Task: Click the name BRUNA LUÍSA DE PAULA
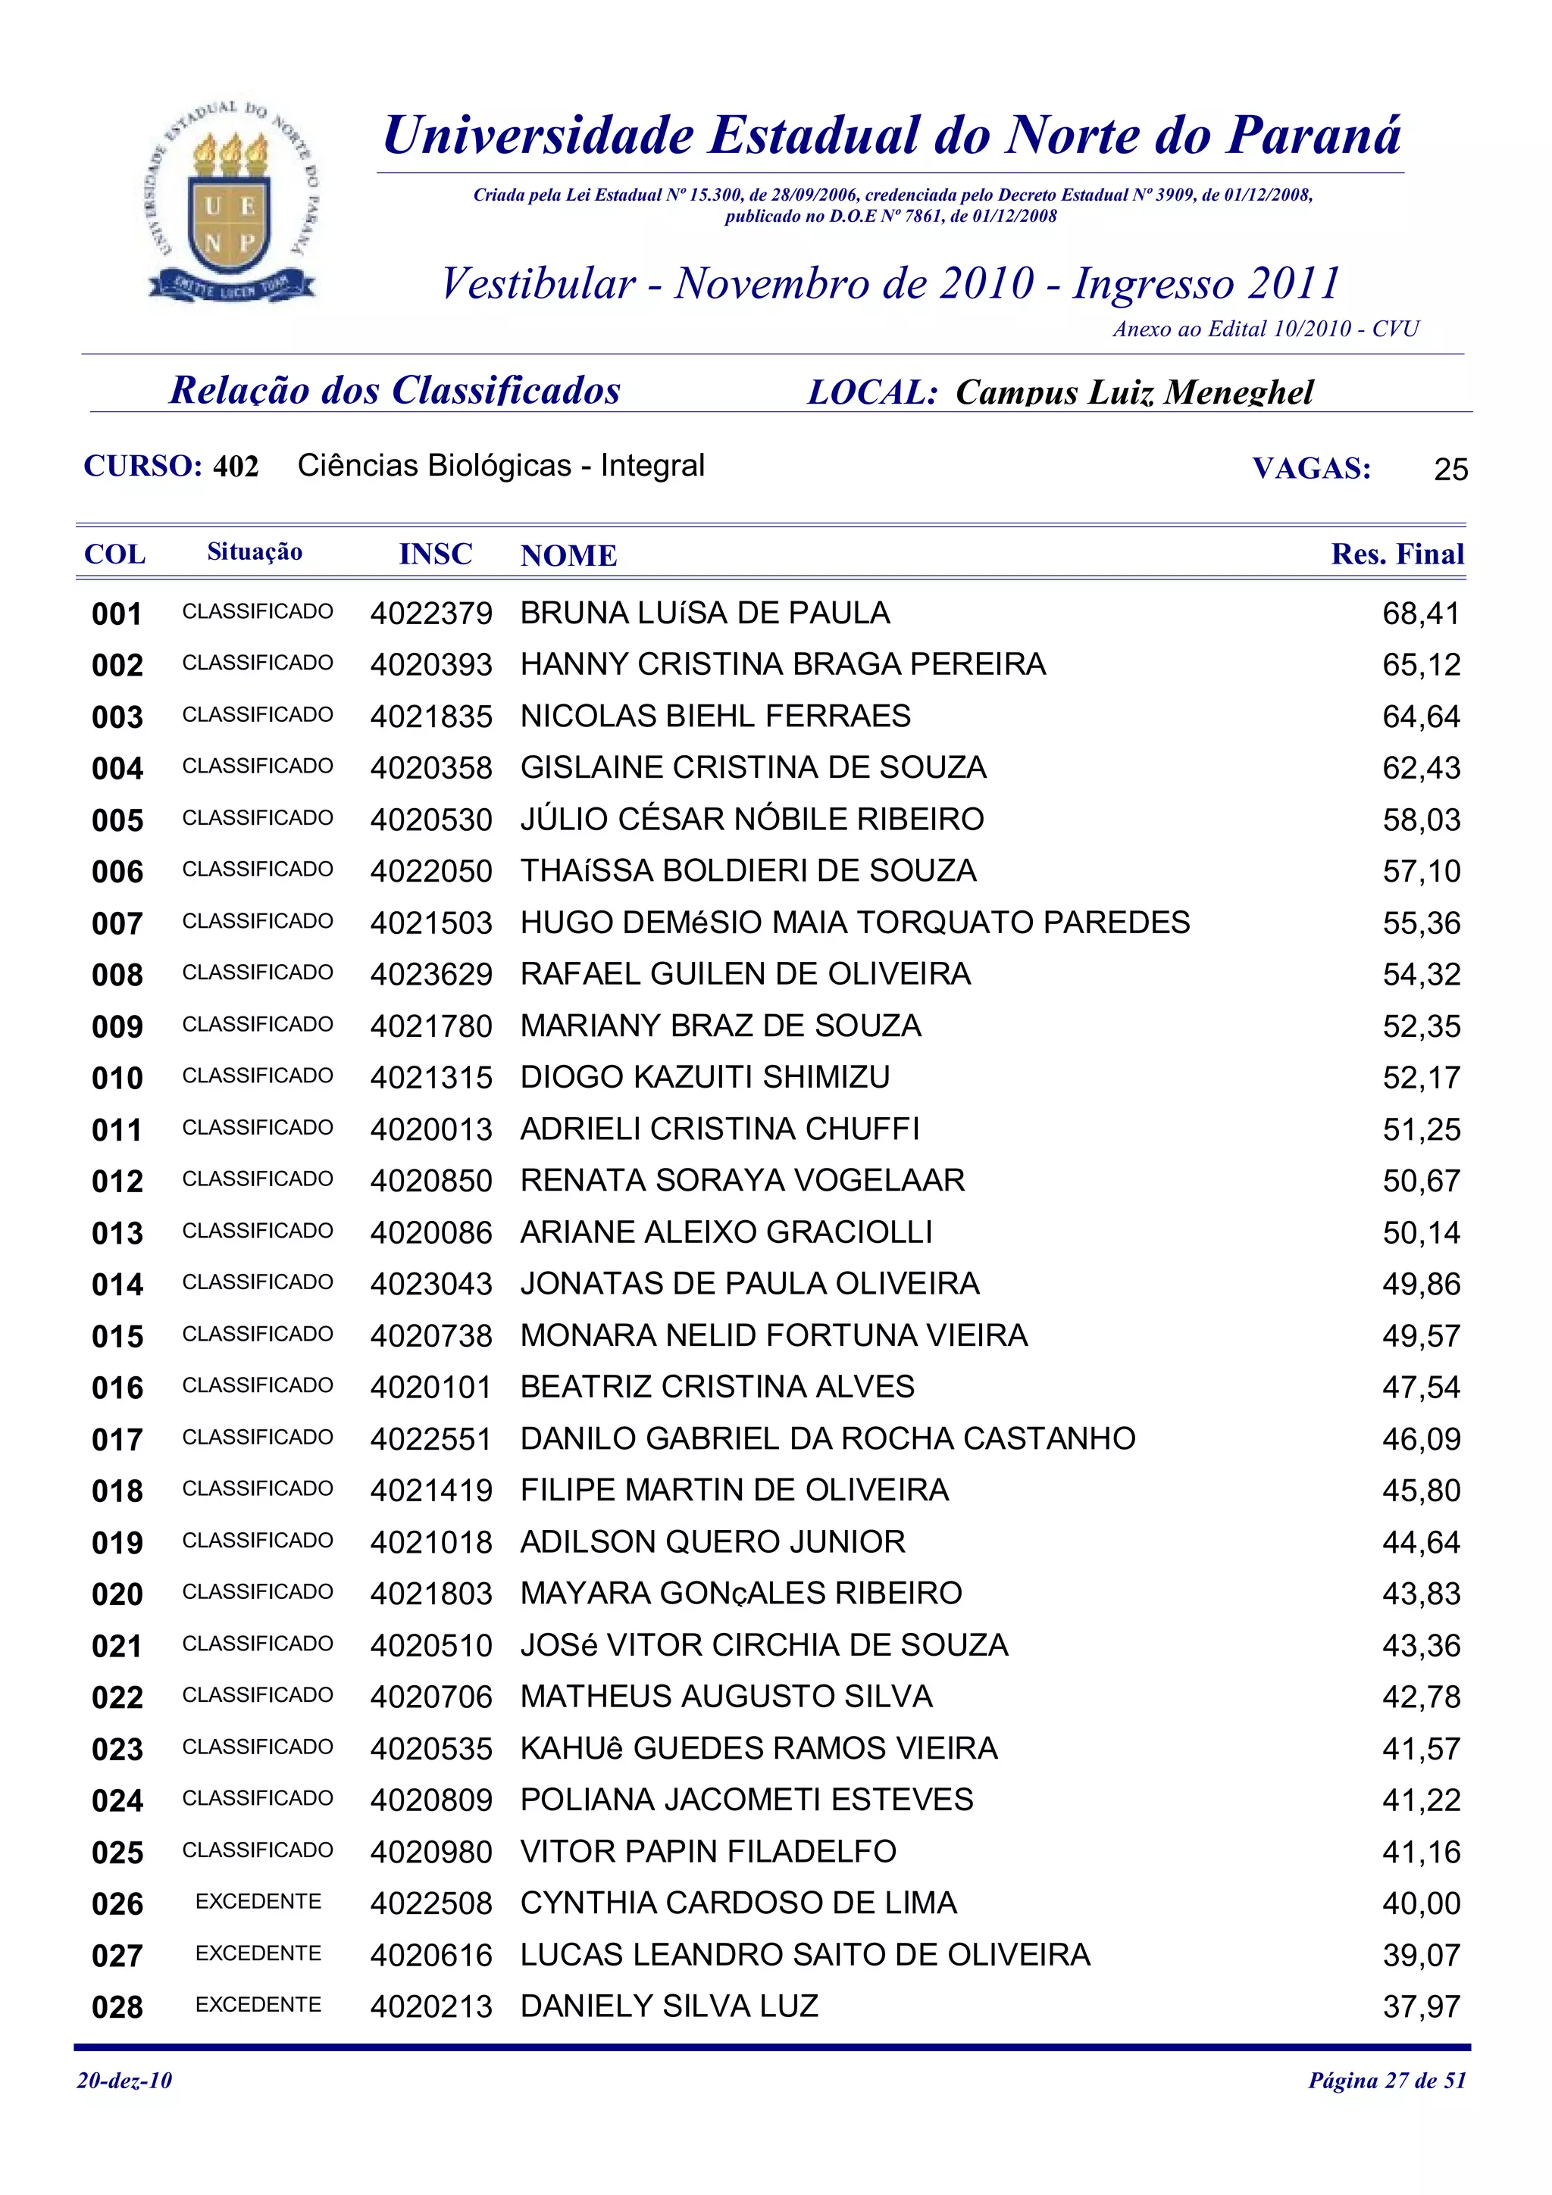click(705, 613)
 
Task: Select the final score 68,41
click(1421, 614)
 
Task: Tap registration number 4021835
click(431, 717)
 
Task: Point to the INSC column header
click(435, 554)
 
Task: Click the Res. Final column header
click(1397, 554)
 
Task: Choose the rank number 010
click(117, 1079)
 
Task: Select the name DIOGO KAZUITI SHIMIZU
click(705, 1077)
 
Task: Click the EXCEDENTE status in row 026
click(258, 1903)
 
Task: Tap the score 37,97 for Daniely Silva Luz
click(1421, 2006)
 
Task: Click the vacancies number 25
click(1450, 470)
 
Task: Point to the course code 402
click(235, 467)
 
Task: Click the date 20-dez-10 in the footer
click(124, 2081)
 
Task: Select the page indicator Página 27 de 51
click(1387, 2081)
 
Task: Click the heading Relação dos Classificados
click(395, 390)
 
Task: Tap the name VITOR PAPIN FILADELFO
click(708, 1852)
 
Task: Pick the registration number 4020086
click(431, 1233)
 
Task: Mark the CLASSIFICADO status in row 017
click(258, 1438)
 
